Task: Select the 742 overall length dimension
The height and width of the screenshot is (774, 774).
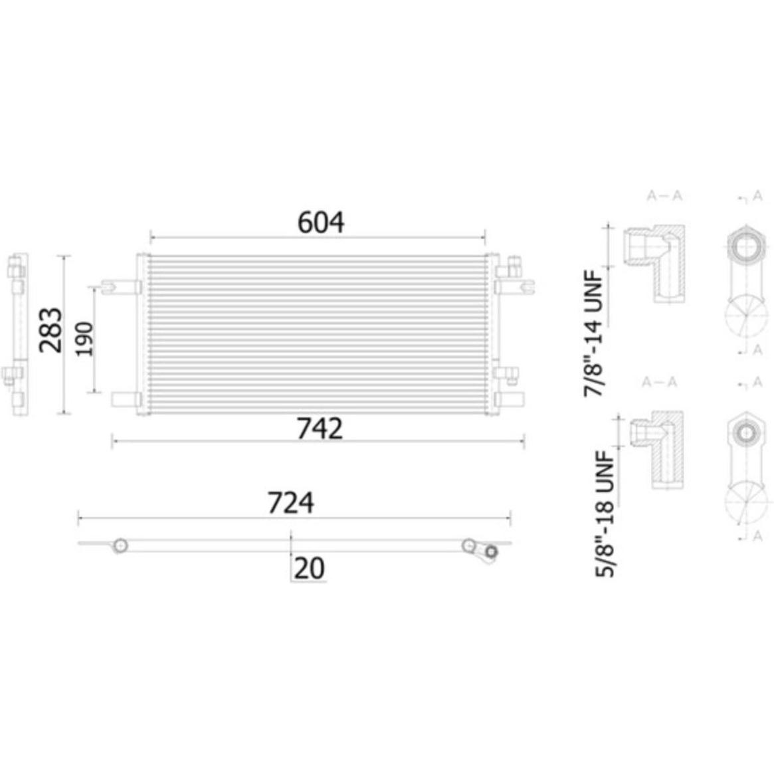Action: pyautogui.click(x=320, y=429)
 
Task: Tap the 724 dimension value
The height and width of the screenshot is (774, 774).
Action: pyautogui.click(x=290, y=502)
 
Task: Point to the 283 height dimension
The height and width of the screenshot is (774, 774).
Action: pyautogui.click(x=51, y=330)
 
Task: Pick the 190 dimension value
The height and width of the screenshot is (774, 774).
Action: pyautogui.click(x=84, y=339)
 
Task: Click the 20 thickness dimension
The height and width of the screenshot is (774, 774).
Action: pyautogui.click(x=310, y=568)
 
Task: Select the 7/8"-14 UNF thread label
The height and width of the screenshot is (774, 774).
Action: pyautogui.click(x=593, y=334)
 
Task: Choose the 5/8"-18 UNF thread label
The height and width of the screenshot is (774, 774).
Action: pyautogui.click(x=605, y=514)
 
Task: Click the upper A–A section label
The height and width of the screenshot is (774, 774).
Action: pyautogui.click(x=664, y=196)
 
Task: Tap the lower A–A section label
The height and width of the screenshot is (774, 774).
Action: pyautogui.click(x=660, y=381)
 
